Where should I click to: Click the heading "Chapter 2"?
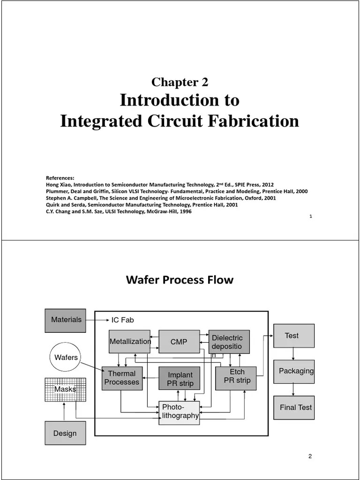pyautogui.click(x=180, y=82)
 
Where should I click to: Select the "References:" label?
pyautogui.click(x=60, y=178)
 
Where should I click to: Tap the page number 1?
pyautogui.click(x=311, y=217)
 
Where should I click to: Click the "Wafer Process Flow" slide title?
pyautogui.click(x=180, y=280)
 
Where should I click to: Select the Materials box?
pyautogui.click(x=66, y=320)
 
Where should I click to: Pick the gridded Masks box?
pyautogui.click(x=65, y=389)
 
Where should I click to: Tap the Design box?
pyautogui.click(x=65, y=433)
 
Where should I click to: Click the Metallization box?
pyautogui.click(x=130, y=342)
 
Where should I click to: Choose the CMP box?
pyautogui.click(x=179, y=342)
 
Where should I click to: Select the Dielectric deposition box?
pyautogui.click(x=229, y=342)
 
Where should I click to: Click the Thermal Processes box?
pyautogui.click(x=122, y=378)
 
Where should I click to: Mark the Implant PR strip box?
pyautogui.click(x=180, y=378)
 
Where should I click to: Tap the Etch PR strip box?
pyautogui.click(x=236, y=378)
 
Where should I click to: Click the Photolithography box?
pyautogui.click(x=179, y=412)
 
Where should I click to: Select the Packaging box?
pyautogui.click(x=294, y=371)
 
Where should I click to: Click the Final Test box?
pyautogui.click(x=294, y=407)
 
